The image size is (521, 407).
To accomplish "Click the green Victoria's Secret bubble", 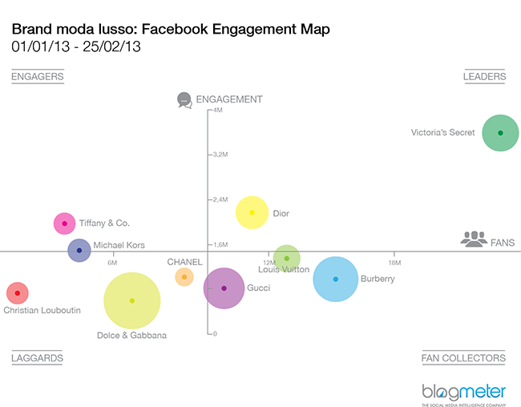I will pos(500,133).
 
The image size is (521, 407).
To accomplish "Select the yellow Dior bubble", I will pos(252,212).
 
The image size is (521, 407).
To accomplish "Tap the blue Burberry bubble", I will pos(335,279).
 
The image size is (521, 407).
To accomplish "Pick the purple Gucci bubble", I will pos(224,288).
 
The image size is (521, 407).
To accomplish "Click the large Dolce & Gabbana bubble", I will pos(132,300).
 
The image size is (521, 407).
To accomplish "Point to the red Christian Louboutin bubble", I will pos(18,294).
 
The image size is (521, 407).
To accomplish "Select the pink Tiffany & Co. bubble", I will pos(64,224).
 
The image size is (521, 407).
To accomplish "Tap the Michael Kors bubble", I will pos(79,251).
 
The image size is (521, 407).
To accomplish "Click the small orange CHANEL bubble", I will pos(184,277).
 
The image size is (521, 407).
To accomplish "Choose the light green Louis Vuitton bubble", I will pos(286,258).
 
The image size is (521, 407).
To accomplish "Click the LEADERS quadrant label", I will pos(484,77).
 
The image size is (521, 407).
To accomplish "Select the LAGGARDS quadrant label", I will pos(37,358).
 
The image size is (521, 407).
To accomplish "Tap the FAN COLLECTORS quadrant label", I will pos(463,358).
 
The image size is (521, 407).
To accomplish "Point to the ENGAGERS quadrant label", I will pos(38,77).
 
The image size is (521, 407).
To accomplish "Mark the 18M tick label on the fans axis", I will pos(394,263).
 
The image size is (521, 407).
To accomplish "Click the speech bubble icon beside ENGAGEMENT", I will pos(184,100).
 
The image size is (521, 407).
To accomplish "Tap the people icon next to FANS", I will pos(473,239).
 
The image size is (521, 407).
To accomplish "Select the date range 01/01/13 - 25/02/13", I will pos(77,46).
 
